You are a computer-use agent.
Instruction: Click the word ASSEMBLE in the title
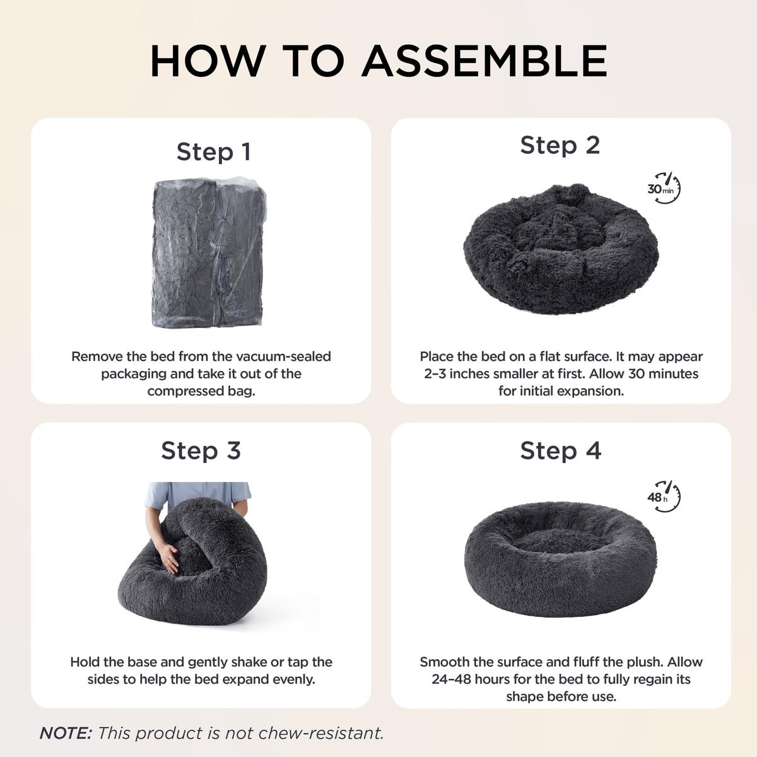[x=484, y=61]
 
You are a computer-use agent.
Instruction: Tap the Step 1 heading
[x=213, y=151]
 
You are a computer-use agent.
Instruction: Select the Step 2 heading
[x=560, y=145]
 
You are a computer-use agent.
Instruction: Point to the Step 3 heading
[x=201, y=450]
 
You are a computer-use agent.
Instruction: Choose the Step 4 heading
[x=560, y=450]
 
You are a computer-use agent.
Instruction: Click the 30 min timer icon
[x=664, y=188]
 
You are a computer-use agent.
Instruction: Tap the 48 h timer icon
[x=664, y=496]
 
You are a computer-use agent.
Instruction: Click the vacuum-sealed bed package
[x=209, y=252]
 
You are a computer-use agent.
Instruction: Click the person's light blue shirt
[x=197, y=495]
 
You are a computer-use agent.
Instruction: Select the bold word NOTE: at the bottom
[x=66, y=733]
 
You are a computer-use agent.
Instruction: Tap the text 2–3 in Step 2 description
[x=435, y=373]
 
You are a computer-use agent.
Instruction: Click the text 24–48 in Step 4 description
[x=452, y=679]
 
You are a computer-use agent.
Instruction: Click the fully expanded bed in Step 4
[x=561, y=558]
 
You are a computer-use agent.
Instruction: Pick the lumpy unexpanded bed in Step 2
[x=561, y=249]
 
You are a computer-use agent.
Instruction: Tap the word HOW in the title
[x=208, y=61]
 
